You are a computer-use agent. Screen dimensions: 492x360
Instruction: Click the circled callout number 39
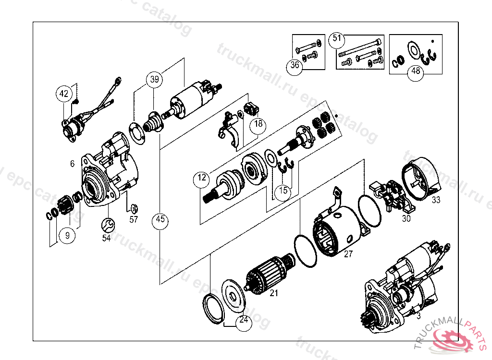click(154, 80)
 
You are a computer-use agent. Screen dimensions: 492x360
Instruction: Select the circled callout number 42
click(64, 94)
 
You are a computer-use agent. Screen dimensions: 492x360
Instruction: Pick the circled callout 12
click(202, 178)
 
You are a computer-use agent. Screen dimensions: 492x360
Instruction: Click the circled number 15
click(283, 191)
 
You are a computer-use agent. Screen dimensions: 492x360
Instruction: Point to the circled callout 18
click(258, 124)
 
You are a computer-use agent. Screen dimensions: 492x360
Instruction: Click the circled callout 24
click(244, 319)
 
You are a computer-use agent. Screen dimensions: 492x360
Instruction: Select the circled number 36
click(295, 66)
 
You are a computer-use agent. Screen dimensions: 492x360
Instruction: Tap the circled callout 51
click(337, 38)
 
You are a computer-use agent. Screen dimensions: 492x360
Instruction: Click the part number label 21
click(274, 292)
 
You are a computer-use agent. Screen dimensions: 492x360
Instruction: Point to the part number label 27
click(348, 254)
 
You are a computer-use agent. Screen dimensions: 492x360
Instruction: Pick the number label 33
click(435, 200)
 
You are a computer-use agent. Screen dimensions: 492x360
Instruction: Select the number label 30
click(406, 218)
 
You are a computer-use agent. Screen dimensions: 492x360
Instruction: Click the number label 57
click(133, 220)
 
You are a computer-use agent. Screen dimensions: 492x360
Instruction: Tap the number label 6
click(72, 164)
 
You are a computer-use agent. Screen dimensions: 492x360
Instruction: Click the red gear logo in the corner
click(452, 339)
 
